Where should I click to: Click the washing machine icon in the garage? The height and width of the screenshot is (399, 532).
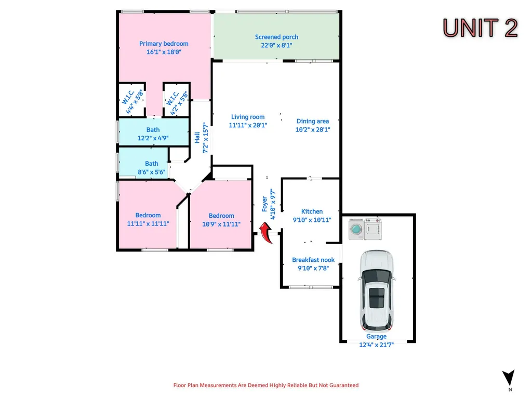(x=356, y=229)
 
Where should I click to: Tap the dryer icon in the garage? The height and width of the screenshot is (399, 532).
(x=373, y=229)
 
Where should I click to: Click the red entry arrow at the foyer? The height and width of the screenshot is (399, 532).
(x=266, y=233)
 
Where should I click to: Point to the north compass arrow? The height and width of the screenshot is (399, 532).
(x=508, y=378)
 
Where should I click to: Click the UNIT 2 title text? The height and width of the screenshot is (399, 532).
(x=480, y=28)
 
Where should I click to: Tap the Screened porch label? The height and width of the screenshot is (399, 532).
(x=276, y=37)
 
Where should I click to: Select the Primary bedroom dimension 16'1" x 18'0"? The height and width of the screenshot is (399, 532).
(x=164, y=52)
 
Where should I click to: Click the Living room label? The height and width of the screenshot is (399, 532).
(x=248, y=117)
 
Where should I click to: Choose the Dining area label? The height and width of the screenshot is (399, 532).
(x=312, y=121)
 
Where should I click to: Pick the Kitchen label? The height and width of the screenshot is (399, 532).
(x=312, y=211)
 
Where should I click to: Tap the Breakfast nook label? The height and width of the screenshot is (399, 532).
(x=313, y=260)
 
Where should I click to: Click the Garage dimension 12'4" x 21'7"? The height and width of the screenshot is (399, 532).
(x=376, y=345)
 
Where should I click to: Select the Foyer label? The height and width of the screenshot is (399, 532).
(x=264, y=204)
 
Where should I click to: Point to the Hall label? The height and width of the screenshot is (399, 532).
(x=197, y=137)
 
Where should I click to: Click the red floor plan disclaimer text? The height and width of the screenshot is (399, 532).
(x=266, y=385)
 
